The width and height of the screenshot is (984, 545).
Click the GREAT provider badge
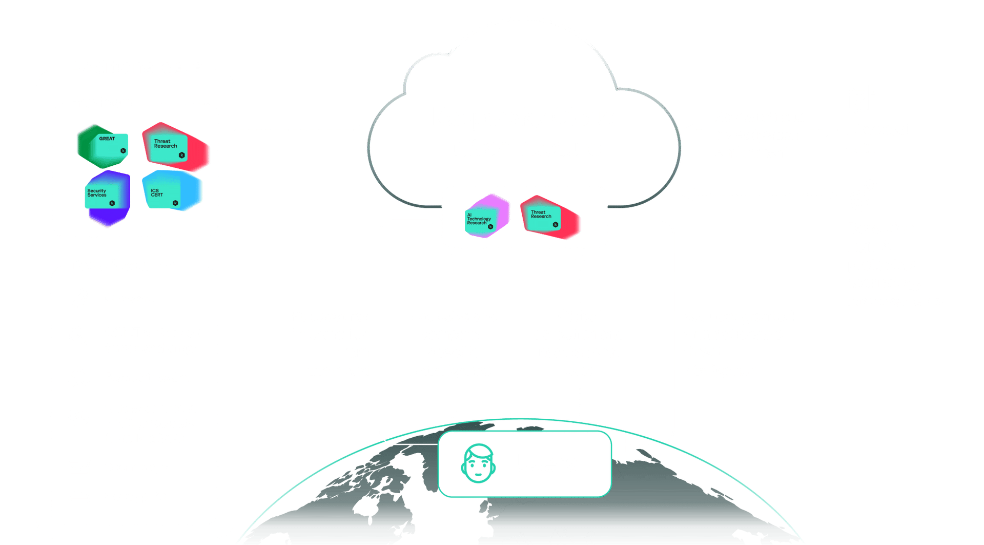click(103, 146)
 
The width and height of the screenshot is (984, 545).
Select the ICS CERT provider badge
click(172, 191)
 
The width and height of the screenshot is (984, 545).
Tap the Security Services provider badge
click(107, 198)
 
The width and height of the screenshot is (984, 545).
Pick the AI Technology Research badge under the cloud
click(486, 216)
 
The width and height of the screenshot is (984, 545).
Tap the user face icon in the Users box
click(478, 463)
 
